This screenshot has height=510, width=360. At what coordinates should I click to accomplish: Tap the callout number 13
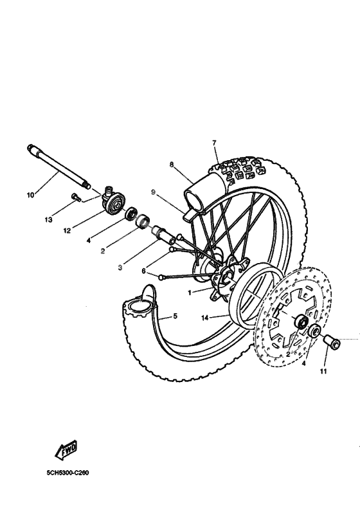(x=48, y=220)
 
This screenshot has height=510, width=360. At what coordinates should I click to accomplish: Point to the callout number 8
(x=172, y=165)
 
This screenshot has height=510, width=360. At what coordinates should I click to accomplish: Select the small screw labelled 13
(x=76, y=198)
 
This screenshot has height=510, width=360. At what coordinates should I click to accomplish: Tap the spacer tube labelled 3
(x=161, y=233)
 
